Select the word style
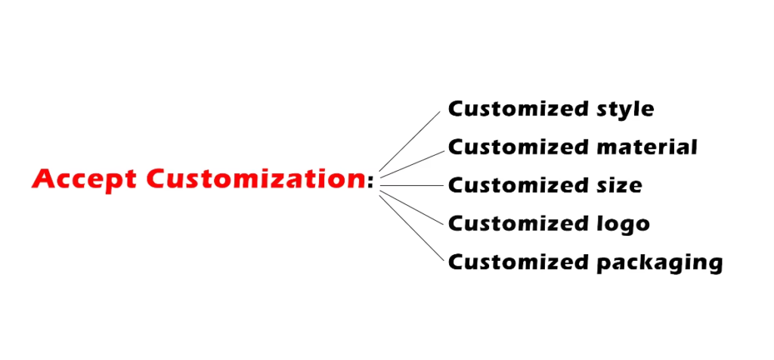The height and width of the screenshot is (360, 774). pos(621,110)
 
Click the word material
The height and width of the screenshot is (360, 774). pos(643,147)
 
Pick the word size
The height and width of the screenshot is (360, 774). pos(615,185)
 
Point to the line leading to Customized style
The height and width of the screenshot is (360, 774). pos(409,141)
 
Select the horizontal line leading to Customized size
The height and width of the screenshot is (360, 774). pos(412,185)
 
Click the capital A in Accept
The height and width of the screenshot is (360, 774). pos(44,179)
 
